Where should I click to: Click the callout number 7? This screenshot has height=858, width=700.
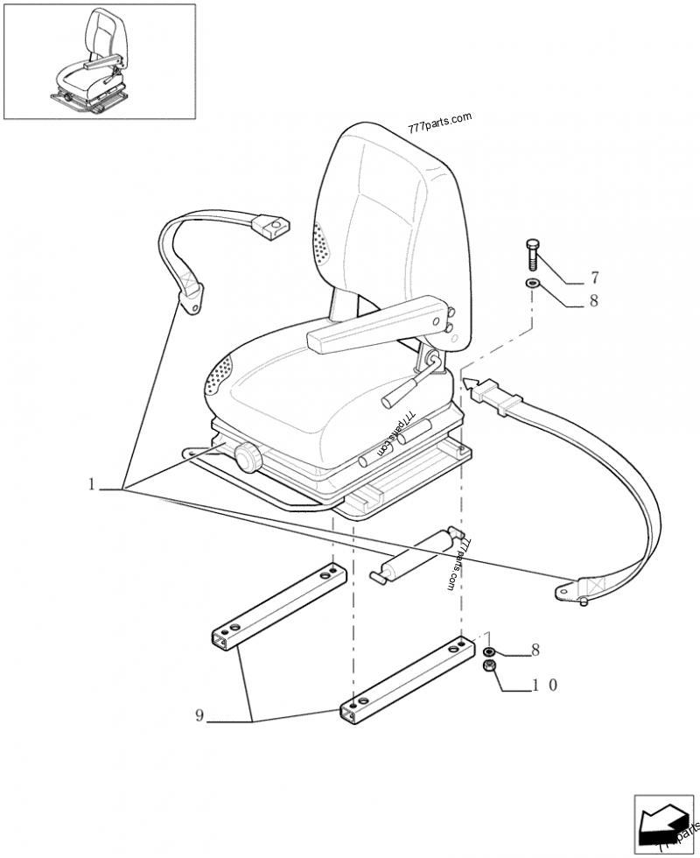594,279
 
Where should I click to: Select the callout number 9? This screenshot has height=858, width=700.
199,716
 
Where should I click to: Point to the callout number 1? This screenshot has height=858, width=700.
91,484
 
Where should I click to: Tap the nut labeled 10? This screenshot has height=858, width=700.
491,669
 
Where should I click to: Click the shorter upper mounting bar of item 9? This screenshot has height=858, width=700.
276,604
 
